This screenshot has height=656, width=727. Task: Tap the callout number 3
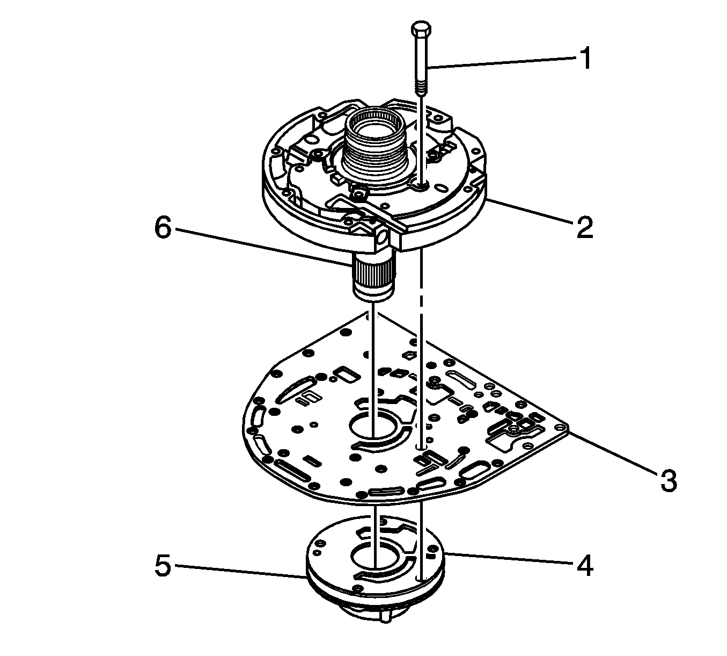tap(668, 480)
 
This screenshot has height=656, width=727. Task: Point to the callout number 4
tap(584, 565)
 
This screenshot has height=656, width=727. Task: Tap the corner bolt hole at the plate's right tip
tap(561, 428)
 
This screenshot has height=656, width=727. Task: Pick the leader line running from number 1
tap(499, 62)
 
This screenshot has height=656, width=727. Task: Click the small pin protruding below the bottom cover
tap(385, 617)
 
